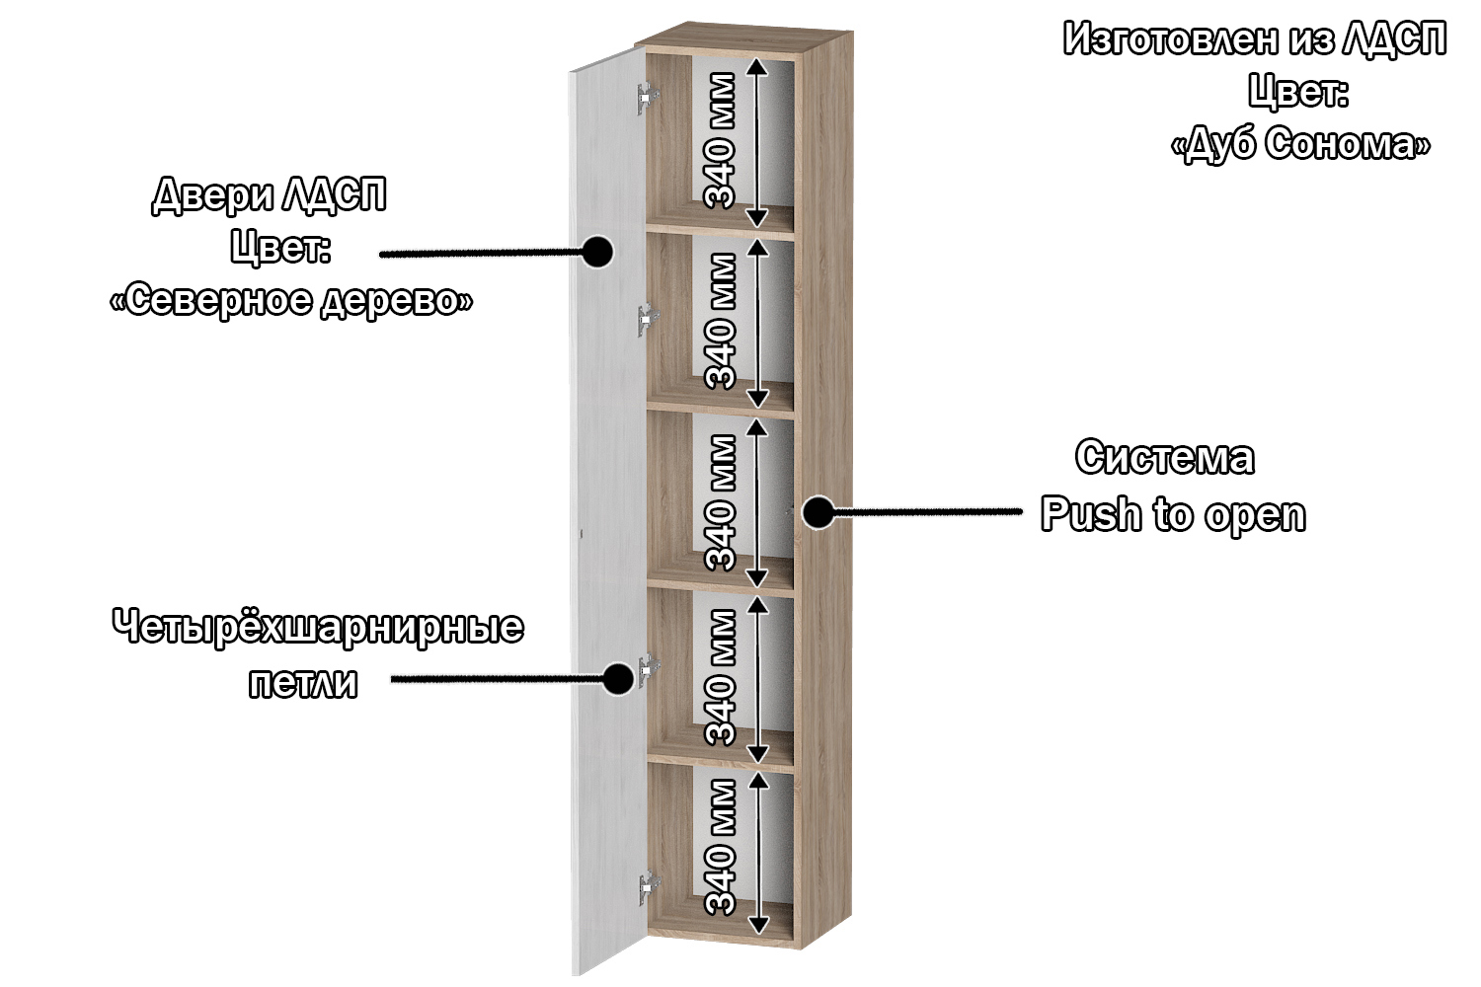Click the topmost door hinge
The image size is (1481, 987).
(x=648, y=98)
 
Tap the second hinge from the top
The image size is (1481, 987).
(x=648, y=320)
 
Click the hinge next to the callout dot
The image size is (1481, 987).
(x=649, y=670)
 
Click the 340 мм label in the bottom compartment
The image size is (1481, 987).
(x=721, y=847)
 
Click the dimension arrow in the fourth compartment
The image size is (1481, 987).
(x=757, y=680)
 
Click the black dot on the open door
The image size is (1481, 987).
(x=596, y=252)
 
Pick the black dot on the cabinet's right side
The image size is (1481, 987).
(x=817, y=512)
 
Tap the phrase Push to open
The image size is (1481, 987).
(x=1173, y=515)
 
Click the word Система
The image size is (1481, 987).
(x=1165, y=458)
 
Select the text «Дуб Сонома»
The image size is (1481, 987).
(x=1300, y=144)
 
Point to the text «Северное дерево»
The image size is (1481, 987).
(x=291, y=300)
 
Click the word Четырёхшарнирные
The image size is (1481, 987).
(x=318, y=628)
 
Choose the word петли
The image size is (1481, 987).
(x=303, y=683)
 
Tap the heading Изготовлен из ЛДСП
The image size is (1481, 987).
(x=1255, y=39)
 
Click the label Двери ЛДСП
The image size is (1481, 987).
(x=269, y=195)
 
